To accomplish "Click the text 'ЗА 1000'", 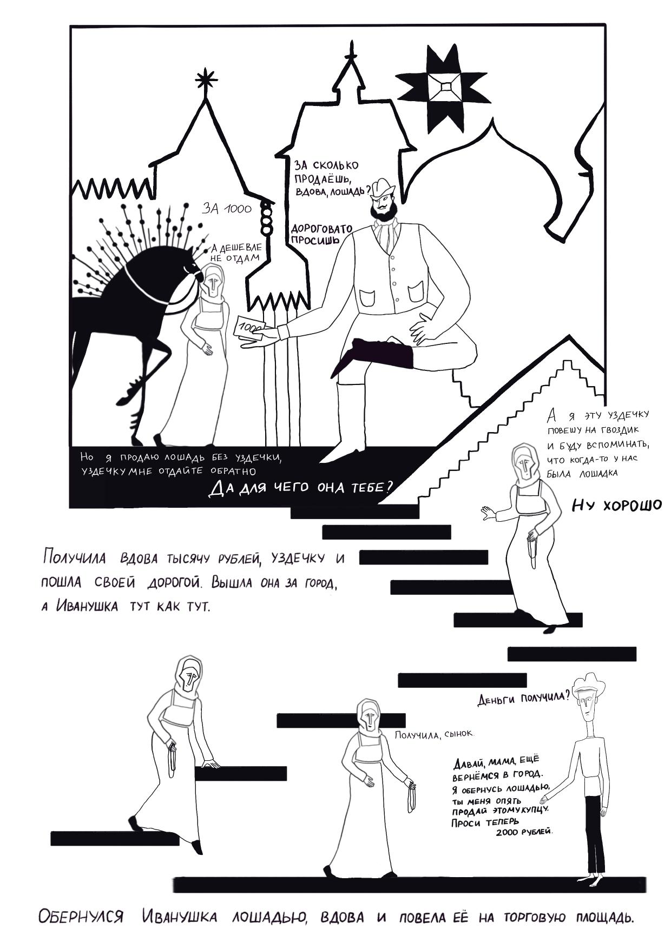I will click(x=227, y=208).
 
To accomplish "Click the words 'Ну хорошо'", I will click(x=617, y=506).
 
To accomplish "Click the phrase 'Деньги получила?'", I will click(x=523, y=698).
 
